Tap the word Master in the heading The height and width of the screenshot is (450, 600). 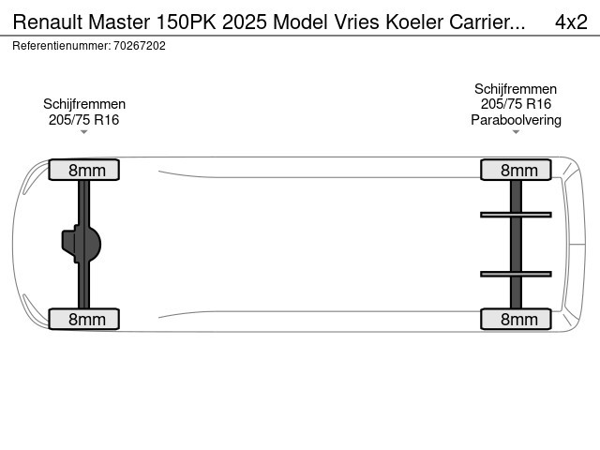pyautogui.click(x=119, y=22)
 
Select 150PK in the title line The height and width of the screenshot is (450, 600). pyautogui.click(x=186, y=22)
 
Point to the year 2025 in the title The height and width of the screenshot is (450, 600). pyautogui.click(x=245, y=22)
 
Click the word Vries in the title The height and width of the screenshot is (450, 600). pyautogui.click(x=357, y=22)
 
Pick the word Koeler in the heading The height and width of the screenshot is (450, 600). pyautogui.click(x=414, y=22)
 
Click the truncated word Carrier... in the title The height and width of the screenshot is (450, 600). pyautogui.click(x=487, y=22)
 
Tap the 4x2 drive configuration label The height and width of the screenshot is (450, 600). pyautogui.click(x=571, y=22)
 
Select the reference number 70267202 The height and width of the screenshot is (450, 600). pyautogui.click(x=140, y=46)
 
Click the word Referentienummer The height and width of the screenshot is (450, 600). pyautogui.click(x=61, y=46)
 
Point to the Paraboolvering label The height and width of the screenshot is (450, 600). pyautogui.click(x=516, y=120)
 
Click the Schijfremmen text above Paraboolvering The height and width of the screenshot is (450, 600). pyautogui.click(x=516, y=89)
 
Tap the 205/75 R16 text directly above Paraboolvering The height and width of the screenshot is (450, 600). pyautogui.click(x=516, y=104)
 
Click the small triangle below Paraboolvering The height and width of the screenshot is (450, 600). pyautogui.click(x=516, y=132)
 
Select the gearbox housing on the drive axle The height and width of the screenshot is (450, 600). pyautogui.click(x=82, y=244)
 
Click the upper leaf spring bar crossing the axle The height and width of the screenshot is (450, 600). pyautogui.click(x=516, y=215)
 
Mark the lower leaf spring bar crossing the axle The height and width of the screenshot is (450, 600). pyautogui.click(x=516, y=274)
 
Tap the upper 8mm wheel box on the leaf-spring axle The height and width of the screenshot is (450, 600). pyautogui.click(x=516, y=170)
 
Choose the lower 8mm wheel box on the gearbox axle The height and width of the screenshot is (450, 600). pyautogui.click(x=83, y=319)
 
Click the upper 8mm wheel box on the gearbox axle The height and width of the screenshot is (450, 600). pyautogui.click(x=83, y=170)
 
